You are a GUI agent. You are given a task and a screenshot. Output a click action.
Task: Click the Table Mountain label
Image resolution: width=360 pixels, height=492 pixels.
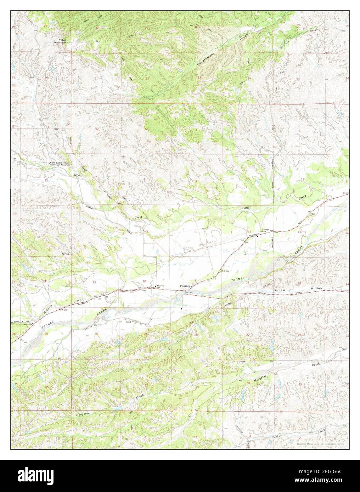pos(60,41)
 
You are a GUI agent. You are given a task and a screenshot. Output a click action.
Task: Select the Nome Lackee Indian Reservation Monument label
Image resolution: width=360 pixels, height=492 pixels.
pos(60,164)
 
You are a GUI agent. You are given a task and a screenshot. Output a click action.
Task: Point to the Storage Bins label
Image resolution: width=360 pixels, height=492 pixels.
pos(265,231)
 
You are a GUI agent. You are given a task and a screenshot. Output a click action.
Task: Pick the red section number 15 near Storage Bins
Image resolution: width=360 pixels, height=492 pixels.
pos(249,231)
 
